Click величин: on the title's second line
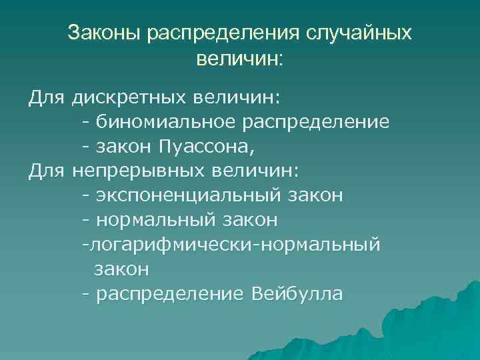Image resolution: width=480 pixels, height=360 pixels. (x=240, y=59)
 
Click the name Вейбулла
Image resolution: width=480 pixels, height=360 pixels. (x=298, y=294)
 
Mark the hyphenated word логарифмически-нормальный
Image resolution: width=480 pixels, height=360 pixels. (x=231, y=245)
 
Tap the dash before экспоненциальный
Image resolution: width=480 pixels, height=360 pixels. (x=86, y=196)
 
